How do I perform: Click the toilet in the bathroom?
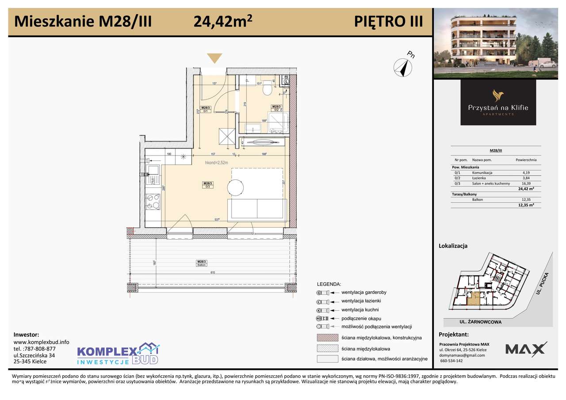[267, 89]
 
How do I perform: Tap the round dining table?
[235, 187]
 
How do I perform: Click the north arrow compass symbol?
[402, 67]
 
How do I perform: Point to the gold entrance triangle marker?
[215, 59]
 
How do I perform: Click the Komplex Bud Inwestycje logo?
[118, 354]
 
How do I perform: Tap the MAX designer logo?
[526, 349]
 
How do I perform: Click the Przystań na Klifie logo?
[498, 103]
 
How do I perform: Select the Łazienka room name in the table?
[479, 178]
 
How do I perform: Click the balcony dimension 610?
[213, 273]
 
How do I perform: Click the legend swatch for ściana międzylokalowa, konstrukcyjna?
[327, 338]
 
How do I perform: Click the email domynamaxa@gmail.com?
[462, 355]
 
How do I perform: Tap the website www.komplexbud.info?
[42, 342]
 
